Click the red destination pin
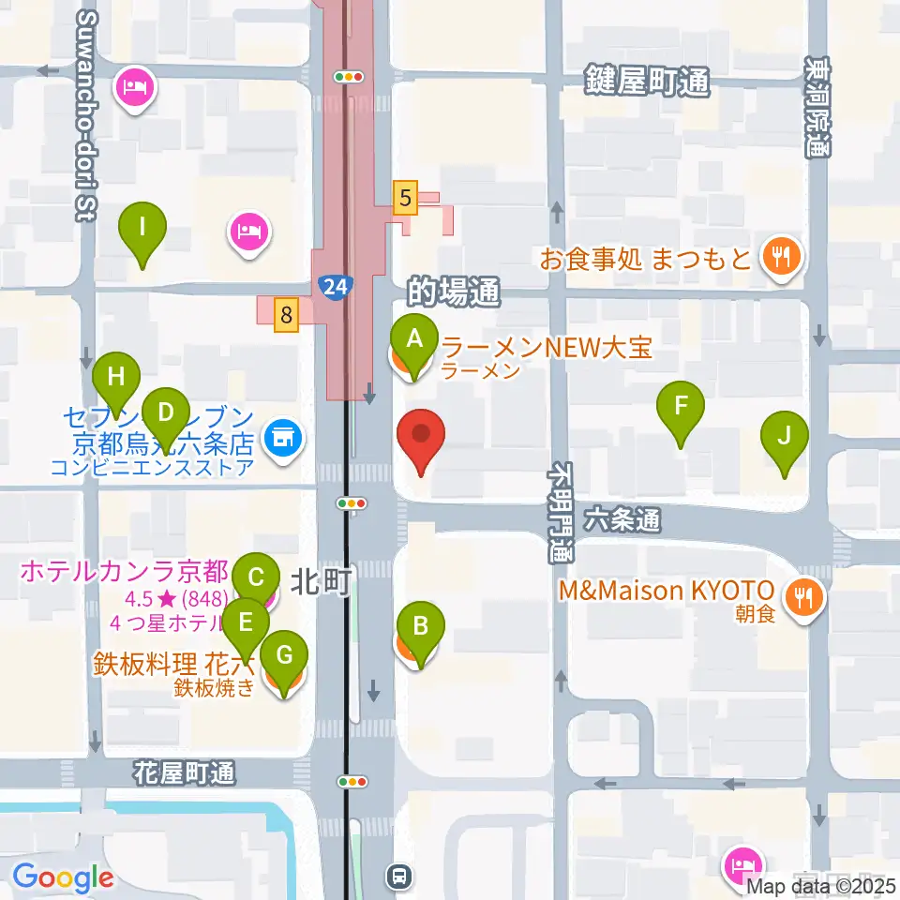[421, 440]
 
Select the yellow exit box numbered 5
[405, 198]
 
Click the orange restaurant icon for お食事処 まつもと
[780, 256]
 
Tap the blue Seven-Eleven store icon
[280, 436]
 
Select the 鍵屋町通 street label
[648, 82]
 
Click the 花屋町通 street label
[184, 773]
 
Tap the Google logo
[63, 878]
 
